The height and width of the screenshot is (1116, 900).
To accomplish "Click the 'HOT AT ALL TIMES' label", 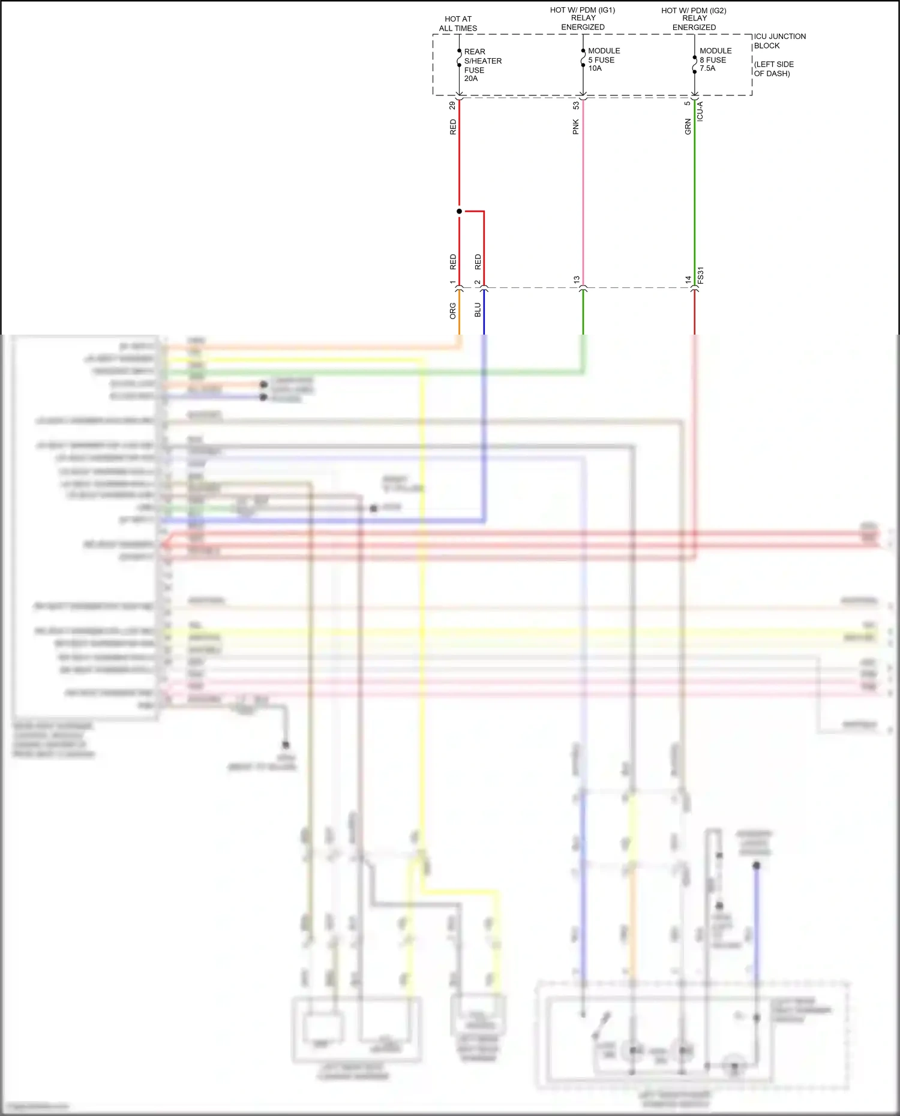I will (x=458, y=23).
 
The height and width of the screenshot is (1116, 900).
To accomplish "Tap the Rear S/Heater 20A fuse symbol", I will (x=459, y=58).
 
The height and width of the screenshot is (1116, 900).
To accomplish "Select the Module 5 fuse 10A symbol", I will (x=583, y=58).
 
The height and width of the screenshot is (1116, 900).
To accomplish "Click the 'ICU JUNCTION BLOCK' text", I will (x=779, y=41).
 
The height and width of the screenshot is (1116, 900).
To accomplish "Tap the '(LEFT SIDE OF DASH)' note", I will (x=773, y=69).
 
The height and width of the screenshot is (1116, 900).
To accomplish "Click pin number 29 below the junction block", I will (x=452, y=106).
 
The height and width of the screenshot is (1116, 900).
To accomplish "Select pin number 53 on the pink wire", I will (x=575, y=106).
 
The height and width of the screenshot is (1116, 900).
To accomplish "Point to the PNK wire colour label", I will (x=575, y=127).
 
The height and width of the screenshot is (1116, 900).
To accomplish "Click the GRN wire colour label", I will (x=688, y=127).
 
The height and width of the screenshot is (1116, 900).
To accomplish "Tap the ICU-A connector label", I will (x=700, y=112).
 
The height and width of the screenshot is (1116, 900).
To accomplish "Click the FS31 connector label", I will (x=700, y=276).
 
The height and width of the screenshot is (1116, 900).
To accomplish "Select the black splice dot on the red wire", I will (x=459, y=211).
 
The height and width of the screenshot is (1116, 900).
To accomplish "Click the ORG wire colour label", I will (x=452, y=311).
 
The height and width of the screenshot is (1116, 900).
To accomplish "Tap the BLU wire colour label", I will (x=478, y=310).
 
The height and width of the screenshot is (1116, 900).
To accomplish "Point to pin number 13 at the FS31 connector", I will (x=576, y=280).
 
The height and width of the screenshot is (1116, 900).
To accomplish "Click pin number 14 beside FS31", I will (x=688, y=280).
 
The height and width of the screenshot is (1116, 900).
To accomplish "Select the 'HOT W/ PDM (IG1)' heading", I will (x=583, y=10).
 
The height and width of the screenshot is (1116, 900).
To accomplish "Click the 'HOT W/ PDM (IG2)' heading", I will (x=694, y=11).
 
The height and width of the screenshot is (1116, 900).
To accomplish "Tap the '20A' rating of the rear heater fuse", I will (x=471, y=79).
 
